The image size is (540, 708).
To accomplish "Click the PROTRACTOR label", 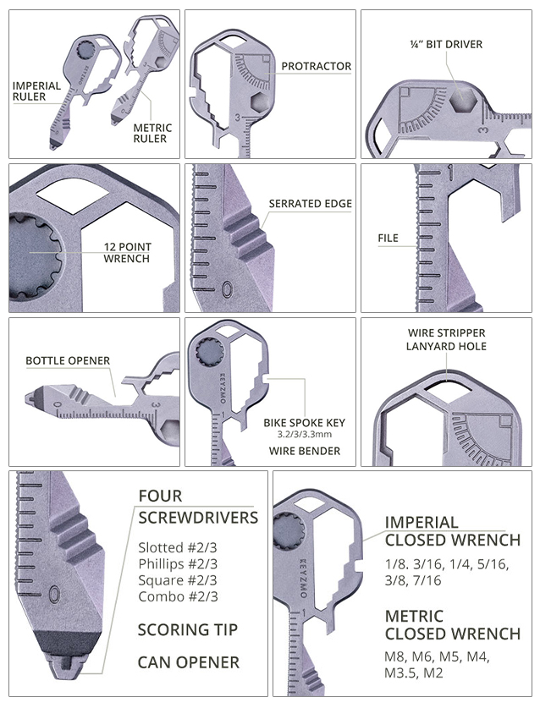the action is (x=316, y=66).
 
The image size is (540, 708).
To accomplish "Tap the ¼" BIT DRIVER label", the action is (x=446, y=44).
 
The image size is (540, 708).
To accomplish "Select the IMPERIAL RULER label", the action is (x=36, y=91).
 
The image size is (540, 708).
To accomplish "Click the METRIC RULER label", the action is (x=152, y=133).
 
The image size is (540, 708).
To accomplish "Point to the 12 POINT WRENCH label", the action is (x=127, y=252).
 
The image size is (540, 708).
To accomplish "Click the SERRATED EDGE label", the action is (x=310, y=204).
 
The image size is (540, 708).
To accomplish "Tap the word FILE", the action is (x=388, y=238).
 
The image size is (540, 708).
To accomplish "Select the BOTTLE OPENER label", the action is (x=68, y=361).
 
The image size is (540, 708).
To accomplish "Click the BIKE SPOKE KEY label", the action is (x=305, y=423).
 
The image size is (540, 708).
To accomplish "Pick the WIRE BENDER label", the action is (x=305, y=451).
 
